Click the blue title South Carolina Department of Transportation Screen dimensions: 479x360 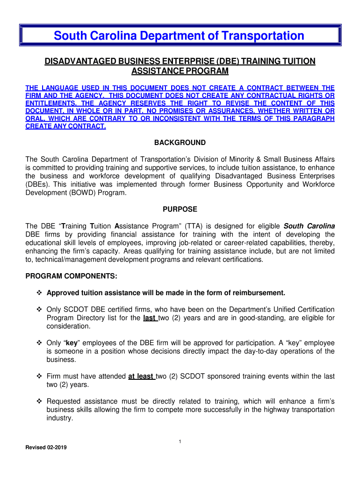coord(179,36)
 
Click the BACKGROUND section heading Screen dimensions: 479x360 coord(180,143)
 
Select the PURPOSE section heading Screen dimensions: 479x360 coord(180,209)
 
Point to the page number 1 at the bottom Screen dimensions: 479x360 coord(180,442)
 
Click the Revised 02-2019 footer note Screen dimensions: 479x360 coord(46,448)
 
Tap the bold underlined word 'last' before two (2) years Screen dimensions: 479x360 coord(149,318)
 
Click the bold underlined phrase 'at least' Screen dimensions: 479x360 coord(141,376)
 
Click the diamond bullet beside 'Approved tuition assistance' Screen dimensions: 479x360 coord(39,293)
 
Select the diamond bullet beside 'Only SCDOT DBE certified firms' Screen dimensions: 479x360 coord(39,310)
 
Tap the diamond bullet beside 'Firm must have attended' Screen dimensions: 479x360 coord(39,377)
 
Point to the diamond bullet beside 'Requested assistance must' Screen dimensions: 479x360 coord(39,402)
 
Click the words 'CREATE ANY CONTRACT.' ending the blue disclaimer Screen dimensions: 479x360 coord(65,127)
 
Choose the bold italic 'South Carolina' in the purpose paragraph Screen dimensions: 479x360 coord(310,226)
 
